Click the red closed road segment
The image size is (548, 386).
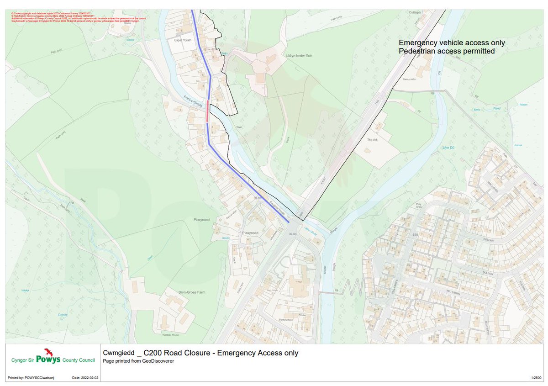pos(207,111)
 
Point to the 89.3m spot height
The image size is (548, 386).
pos(293,234)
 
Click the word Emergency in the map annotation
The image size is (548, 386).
pos(417,43)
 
